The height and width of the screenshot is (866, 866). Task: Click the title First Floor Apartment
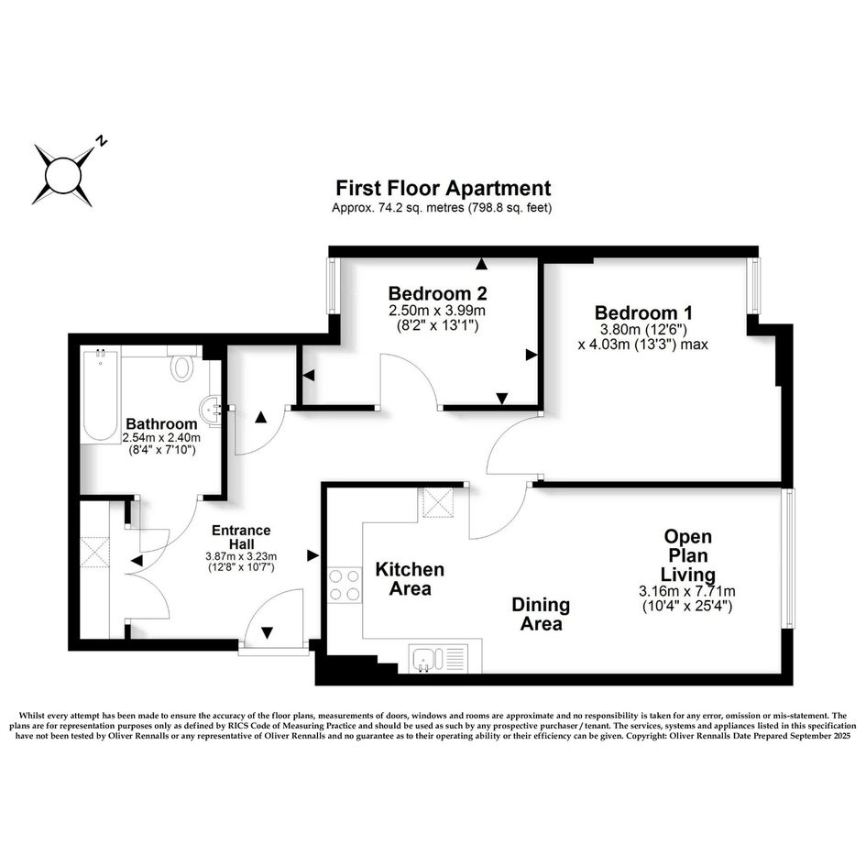click(x=443, y=189)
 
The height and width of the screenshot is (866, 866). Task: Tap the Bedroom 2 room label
click(x=437, y=294)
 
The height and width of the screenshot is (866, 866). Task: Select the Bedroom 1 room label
click(x=643, y=310)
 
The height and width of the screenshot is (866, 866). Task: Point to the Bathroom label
click(x=161, y=424)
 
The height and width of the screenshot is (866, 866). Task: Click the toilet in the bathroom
click(x=181, y=367)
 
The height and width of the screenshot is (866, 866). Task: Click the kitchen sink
click(x=427, y=657)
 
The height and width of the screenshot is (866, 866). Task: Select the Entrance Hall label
click(x=241, y=537)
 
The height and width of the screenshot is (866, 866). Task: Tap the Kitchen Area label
click(x=410, y=579)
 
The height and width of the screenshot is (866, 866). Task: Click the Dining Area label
click(x=541, y=614)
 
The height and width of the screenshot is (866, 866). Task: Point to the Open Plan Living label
click(x=688, y=555)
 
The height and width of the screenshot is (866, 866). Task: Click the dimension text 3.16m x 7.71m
click(x=688, y=591)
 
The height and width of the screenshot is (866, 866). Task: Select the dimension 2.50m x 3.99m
click(x=437, y=312)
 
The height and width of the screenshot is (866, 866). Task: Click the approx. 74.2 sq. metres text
click(x=442, y=208)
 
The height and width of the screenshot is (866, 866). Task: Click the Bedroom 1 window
click(x=753, y=287)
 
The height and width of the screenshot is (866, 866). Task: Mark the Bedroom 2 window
click(x=334, y=286)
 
